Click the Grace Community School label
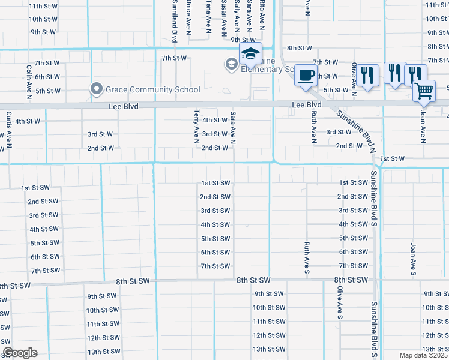[152, 90]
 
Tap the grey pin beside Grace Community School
[96, 89]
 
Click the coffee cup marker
[306, 76]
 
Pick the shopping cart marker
[424, 92]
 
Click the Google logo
[20, 353]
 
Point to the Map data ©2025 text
[423, 355]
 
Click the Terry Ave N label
[196, 127]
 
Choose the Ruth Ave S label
[306, 258]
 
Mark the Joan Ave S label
[413, 259]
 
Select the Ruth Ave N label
[313, 127]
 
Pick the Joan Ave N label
[423, 127]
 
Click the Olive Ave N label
[354, 76]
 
